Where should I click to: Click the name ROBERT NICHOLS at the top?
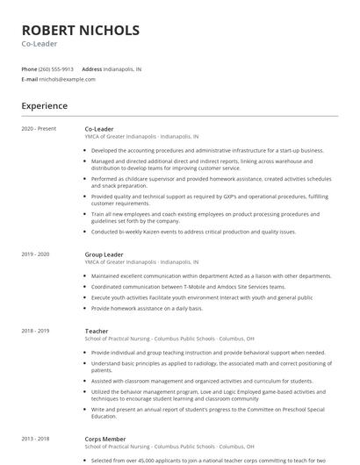point(80,31)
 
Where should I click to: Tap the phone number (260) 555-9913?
point(57,68)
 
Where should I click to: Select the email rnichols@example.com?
point(68,79)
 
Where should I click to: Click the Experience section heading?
point(44,106)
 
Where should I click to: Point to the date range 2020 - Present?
point(39,129)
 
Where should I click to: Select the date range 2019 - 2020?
point(35,254)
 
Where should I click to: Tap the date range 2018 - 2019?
point(35,331)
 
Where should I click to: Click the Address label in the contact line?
point(91,68)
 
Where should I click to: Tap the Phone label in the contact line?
point(30,68)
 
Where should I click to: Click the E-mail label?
point(29,79)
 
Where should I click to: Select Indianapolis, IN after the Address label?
point(122,68)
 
